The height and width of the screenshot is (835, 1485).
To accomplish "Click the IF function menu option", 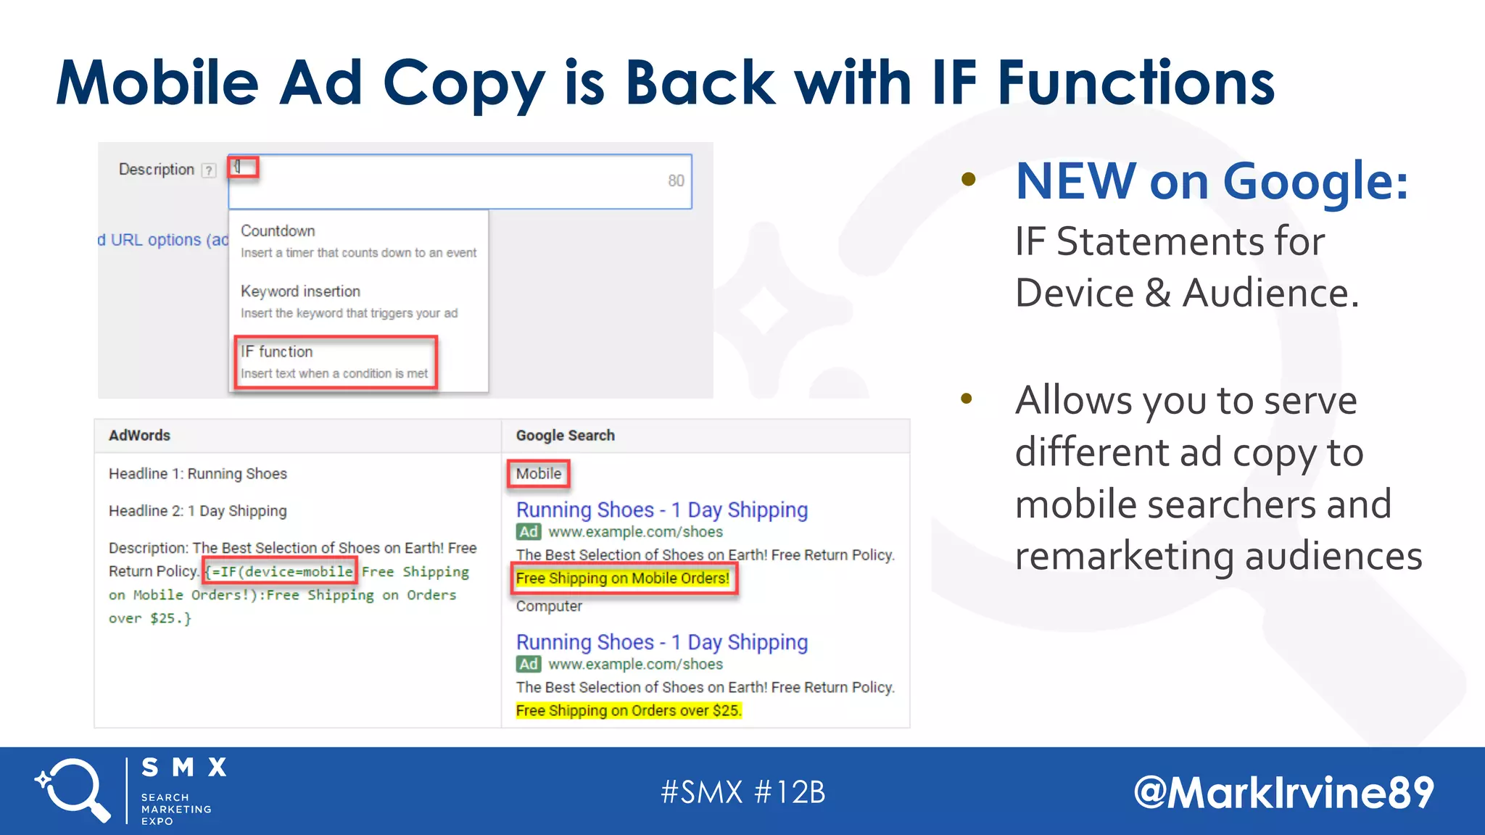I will point(335,362).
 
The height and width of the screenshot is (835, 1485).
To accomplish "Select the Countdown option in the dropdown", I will point(278,231).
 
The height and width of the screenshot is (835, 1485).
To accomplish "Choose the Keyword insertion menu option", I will point(300,291).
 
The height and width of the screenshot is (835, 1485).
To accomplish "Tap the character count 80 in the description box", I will point(676,180).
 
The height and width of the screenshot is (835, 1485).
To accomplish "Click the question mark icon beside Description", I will point(209,170).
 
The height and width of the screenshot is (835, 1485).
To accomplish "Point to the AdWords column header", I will point(139,436).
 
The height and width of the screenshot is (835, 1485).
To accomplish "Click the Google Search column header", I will point(565,436).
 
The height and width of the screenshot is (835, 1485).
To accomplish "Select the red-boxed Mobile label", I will point(538,474).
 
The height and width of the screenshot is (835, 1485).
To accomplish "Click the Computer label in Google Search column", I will point(549,606).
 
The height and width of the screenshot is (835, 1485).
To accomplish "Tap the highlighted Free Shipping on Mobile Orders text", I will point(623,578).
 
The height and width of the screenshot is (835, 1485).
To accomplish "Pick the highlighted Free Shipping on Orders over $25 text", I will point(629,710).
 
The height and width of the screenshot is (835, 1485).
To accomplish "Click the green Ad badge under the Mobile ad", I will point(529,532).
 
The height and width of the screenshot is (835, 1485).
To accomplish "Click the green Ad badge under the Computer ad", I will point(529,664).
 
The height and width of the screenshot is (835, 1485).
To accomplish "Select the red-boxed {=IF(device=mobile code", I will point(280,572).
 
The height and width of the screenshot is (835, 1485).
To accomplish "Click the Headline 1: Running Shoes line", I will point(198,474).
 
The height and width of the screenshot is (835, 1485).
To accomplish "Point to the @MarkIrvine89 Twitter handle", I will point(1283,792).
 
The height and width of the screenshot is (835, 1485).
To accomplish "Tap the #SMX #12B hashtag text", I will point(743,792).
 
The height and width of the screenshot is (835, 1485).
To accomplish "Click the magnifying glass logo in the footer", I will point(73,790).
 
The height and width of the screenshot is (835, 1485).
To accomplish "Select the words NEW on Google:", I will point(1212,181).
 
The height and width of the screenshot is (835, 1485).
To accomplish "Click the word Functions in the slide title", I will point(1136,83).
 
